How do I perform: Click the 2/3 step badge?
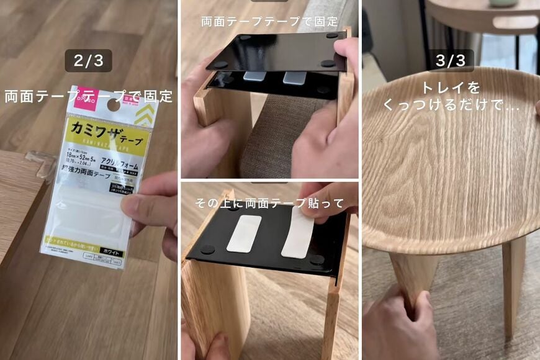(88, 61)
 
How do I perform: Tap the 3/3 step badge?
(451, 61)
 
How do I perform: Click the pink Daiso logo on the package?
(89, 97)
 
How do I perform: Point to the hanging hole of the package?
(114, 105)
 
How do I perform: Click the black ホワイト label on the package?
(111, 253)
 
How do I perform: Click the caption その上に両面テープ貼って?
(269, 203)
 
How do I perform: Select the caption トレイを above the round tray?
(451, 88)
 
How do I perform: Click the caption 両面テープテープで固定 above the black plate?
(269, 20)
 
